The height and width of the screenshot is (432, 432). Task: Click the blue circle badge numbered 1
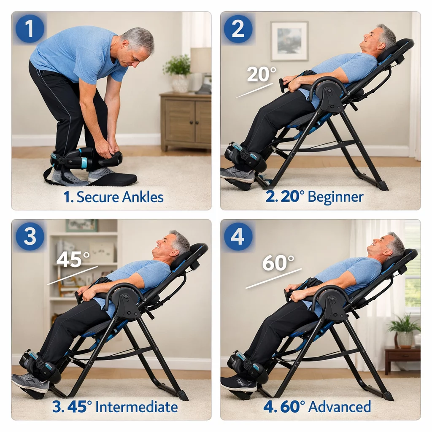click(x=30, y=28)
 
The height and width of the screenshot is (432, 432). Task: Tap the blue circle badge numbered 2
click(x=238, y=28)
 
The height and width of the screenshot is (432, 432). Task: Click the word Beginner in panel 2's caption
click(x=335, y=197)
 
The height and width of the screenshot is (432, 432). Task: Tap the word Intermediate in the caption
click(x=136, y=407)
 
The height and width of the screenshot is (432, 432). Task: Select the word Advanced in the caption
click(x=339, y=407)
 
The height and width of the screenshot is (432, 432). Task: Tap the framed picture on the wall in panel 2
click(x=289, y=41)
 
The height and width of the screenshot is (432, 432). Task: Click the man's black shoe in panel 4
click(x=238, y=383)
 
